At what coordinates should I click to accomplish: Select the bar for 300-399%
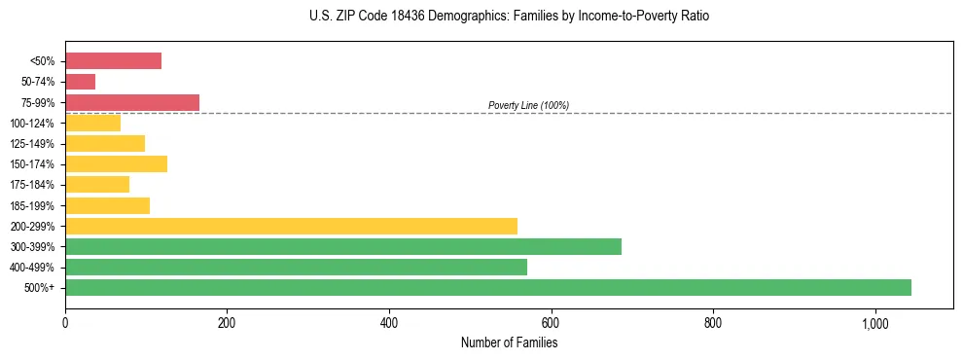tap(343, 246)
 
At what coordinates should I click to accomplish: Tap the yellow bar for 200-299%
tap(291, 226)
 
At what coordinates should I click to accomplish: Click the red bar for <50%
tap(113, 61)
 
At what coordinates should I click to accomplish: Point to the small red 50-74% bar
tap(80, 82)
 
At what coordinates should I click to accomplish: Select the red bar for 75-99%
tap(132, 102)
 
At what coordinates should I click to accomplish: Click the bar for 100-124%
tap(92, 123)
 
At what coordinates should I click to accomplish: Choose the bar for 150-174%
tap(116, 163)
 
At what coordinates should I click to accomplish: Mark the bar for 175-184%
tap(97, 184)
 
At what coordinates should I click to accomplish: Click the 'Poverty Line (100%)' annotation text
tap(528, 105)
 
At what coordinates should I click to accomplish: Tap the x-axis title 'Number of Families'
tap(509, 342)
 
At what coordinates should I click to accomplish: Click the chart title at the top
tap(509, 17)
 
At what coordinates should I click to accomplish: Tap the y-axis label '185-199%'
tap(33, 205)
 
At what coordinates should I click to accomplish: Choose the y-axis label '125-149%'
tap(33, 144)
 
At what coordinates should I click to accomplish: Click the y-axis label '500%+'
tap(40, 288)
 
